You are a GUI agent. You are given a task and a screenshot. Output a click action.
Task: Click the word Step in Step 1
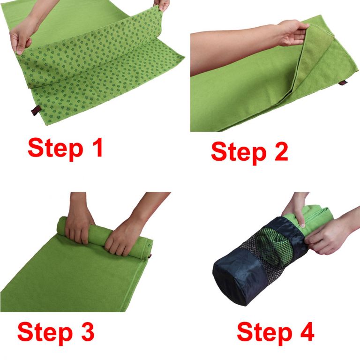[55, 149]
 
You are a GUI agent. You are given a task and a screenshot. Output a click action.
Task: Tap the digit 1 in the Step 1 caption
[97, 147]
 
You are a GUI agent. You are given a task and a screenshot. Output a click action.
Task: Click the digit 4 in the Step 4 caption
[306, 331]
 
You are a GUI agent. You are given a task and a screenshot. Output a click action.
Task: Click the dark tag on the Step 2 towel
[343, 82]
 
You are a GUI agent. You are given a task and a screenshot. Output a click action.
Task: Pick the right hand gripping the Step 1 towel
[162, 5]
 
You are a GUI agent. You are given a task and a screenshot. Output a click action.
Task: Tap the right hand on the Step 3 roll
[123, 238]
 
